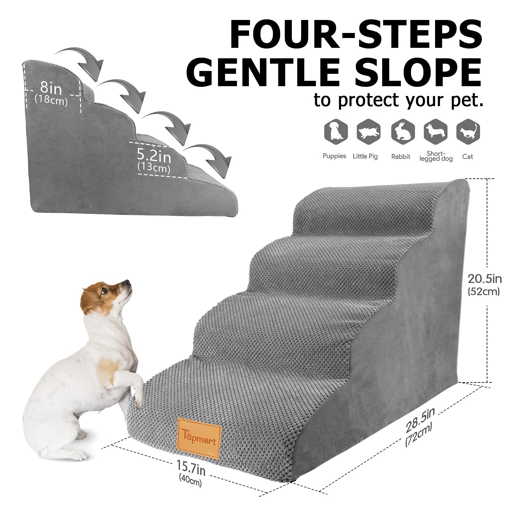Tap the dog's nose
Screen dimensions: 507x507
[x=127, y=282]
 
